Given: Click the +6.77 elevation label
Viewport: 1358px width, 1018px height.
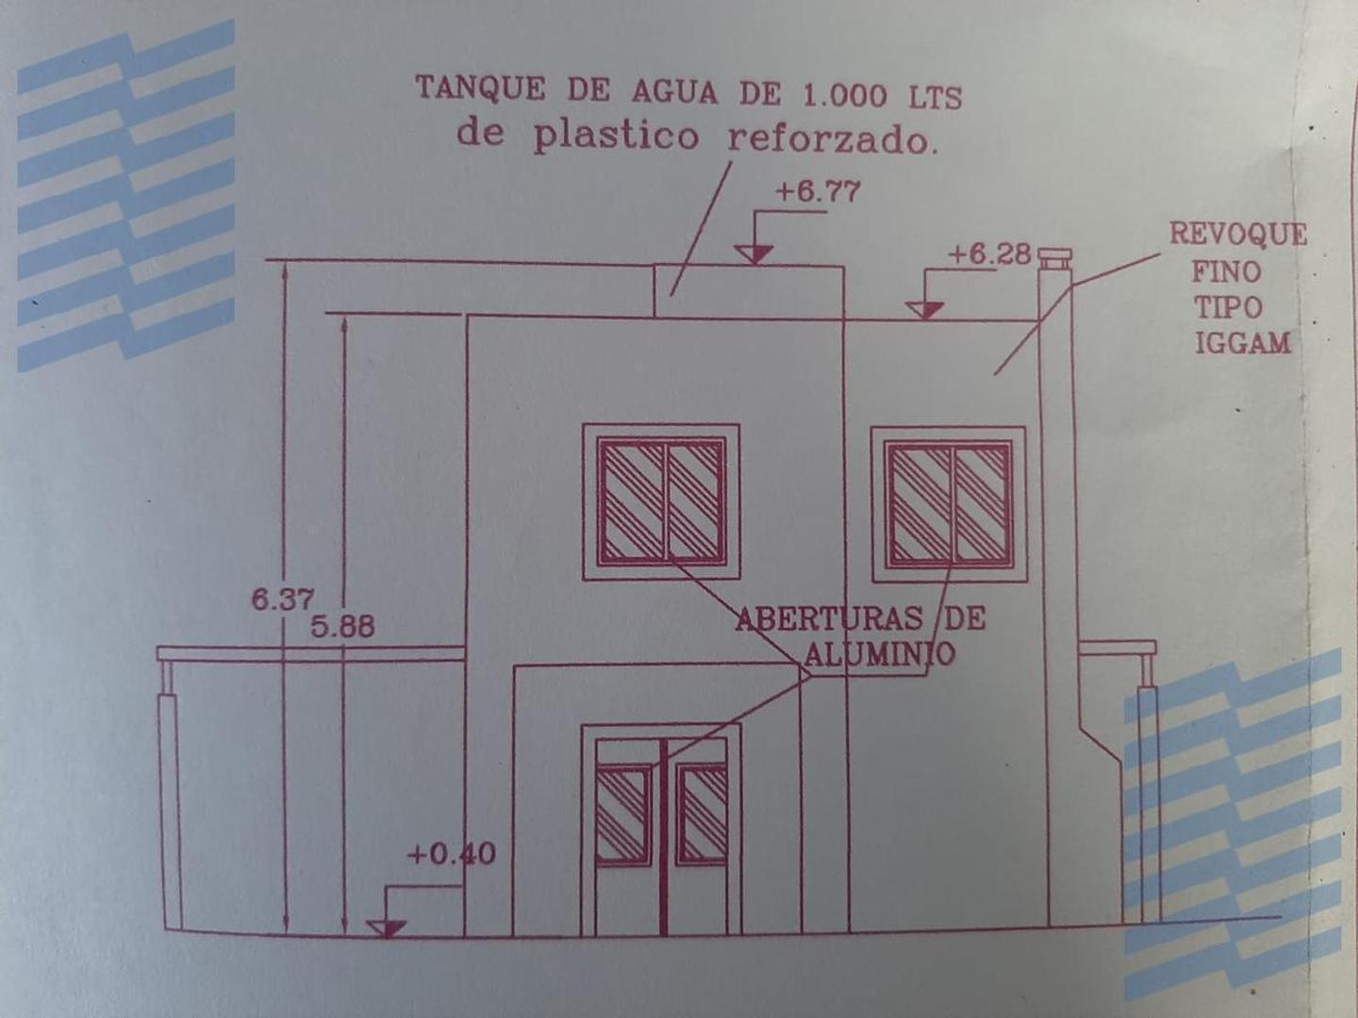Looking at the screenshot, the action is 818,191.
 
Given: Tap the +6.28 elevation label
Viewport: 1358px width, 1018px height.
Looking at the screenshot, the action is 990,254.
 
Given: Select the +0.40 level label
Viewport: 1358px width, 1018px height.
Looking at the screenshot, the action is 452,854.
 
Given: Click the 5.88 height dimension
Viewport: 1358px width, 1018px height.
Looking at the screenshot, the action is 342,627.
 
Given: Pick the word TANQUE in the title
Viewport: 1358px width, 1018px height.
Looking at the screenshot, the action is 480,88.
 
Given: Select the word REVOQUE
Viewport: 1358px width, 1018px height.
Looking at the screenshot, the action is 1238,235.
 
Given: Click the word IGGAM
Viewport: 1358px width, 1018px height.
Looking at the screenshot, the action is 1243,343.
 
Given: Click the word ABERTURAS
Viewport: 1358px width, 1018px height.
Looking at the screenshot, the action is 828,618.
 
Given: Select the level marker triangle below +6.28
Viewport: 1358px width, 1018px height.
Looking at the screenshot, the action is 925,310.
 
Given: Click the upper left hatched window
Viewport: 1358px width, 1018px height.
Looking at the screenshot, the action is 661,501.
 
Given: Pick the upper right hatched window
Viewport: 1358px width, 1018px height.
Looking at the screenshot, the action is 949,504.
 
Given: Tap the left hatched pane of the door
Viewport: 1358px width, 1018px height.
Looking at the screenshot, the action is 623,814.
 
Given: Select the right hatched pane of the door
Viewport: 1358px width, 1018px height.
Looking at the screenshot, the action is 702,814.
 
